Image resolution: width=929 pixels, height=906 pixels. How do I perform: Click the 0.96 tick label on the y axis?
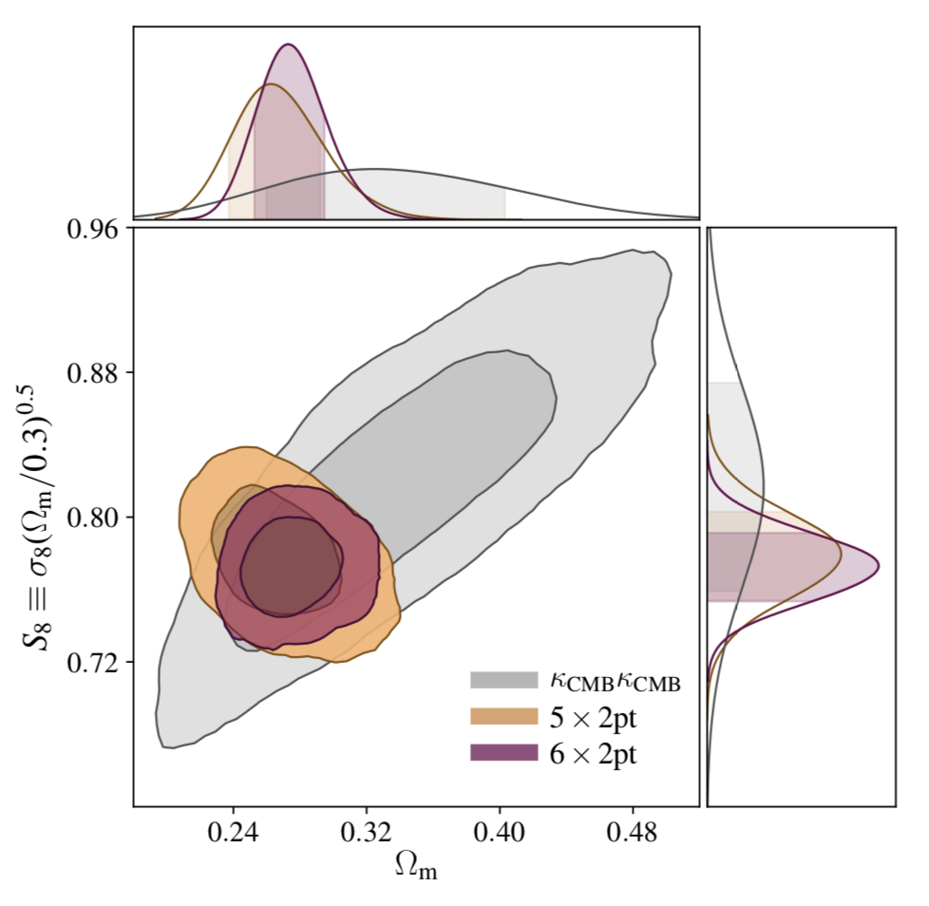click(x=96, y=229)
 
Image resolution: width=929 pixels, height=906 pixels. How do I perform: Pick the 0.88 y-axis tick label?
click(x=96, y=372)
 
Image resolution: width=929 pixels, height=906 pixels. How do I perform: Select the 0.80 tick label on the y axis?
click(x=96, y=518)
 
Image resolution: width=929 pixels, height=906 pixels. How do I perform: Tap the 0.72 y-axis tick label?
click(x=96, y=662)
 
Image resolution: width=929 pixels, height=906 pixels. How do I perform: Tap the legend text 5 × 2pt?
click(x=595, y=716)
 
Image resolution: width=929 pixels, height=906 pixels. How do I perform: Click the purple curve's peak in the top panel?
click(x=289, y=44)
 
